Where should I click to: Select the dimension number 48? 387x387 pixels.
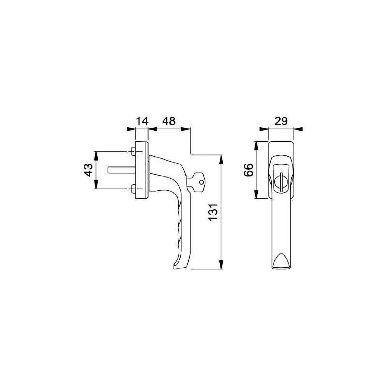tap(168, 121)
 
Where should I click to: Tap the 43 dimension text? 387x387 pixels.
tap(89, 170)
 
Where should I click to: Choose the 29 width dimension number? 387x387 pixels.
tap(281, 121)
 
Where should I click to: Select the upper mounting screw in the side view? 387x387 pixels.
tap(132, 151)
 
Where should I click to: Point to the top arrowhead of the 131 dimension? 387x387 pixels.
tap(222, 158)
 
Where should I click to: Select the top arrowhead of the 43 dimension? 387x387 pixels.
tap(96, 154)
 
